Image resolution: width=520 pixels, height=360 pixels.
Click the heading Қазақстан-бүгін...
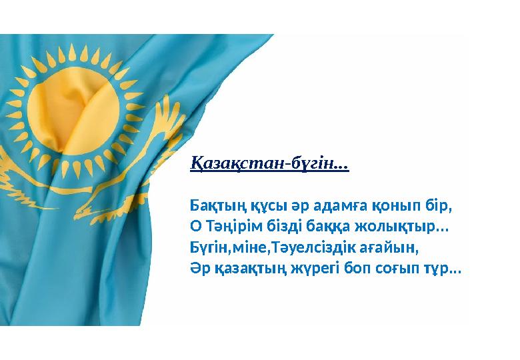click(x=269, y=163)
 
